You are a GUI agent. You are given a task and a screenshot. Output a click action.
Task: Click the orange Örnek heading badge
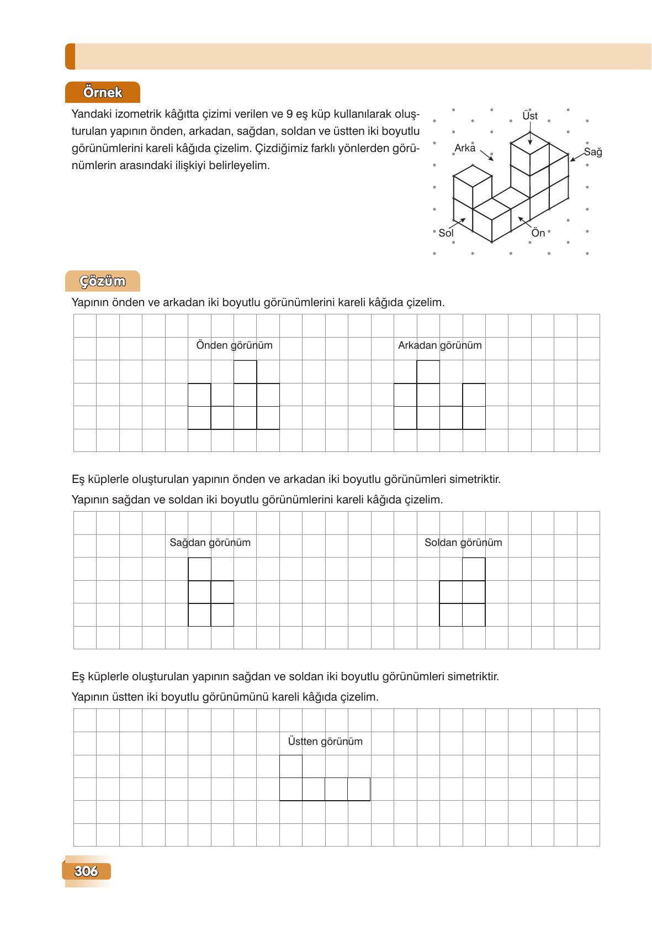click(103, 92)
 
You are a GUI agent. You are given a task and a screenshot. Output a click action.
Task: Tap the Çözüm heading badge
click(103, 281)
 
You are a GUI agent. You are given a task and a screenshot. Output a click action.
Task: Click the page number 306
click(86, 871)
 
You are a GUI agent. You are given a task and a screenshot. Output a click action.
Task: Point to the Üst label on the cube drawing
click(529, 116)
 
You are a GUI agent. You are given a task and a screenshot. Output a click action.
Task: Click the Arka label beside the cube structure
click(465, 148)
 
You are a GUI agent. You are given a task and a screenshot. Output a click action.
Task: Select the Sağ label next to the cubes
click(592, 152)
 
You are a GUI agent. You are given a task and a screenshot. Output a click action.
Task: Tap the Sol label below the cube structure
click(446, 233)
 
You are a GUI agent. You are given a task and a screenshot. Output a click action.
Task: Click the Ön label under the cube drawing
click(538, 233)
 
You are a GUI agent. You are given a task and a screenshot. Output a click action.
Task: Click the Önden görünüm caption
click(234, 345)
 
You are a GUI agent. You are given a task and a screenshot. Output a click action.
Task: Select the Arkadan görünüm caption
click(439, 345)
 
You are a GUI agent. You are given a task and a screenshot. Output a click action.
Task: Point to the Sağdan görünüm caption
click(210, 543)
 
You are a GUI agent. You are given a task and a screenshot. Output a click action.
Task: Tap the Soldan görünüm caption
click(463, 543)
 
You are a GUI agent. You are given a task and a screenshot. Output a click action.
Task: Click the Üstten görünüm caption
click(325, 742)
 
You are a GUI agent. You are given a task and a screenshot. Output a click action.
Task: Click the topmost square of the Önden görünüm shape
click(245, 372)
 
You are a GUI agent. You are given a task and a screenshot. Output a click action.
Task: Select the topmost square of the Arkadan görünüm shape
click(428, 372)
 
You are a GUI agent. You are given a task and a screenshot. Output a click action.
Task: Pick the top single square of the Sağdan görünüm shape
click(199, 569)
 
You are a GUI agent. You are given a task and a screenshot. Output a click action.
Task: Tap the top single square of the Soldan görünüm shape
click(474, 569)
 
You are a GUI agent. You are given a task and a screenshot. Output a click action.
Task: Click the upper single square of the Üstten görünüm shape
click(291, 766)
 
